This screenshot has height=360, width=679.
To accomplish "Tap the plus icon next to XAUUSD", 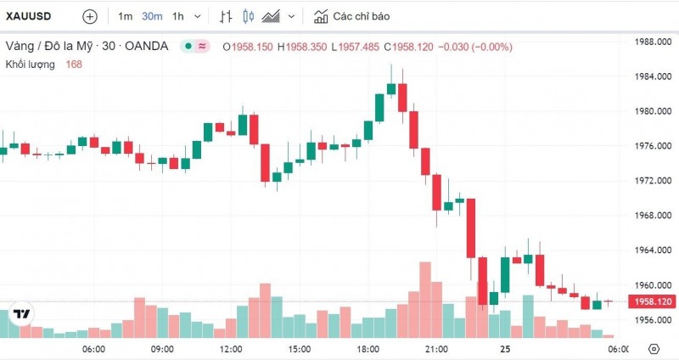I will pyautogui.click(x=90, y=16).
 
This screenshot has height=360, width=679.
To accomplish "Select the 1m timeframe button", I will pyautogui.click(x=125, y=16).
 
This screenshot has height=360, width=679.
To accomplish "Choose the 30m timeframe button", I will pyautogui.click(x=152, y=16).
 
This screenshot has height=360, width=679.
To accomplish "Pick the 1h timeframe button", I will pyautogui.click(x=177, y=16).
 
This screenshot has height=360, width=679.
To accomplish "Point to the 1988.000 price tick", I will pyautogui.click(x=654, y=42).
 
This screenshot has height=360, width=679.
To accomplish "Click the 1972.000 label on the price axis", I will pyautogui.click(x=654, y=181).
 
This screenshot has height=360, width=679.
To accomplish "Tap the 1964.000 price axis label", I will pyautogui.click(x=654, y=250).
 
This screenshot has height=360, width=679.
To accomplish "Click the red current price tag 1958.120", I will pyautogui.click(x=652, y=301).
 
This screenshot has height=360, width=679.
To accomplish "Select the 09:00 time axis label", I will pyautogui.click(x=162, y=349).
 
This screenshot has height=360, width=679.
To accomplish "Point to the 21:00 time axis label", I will pyautogui.click(x=436, y=349).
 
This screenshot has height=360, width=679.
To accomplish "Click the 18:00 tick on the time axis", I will pyautogui.click(x=368, y=349).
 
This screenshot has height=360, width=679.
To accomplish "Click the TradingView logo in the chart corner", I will pyautogui.click(x=22, y=314).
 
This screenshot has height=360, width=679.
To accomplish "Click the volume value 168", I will pyautogui.click(x=74, y=65).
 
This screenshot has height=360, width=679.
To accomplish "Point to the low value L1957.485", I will pyautogui.click(x=356, y=46).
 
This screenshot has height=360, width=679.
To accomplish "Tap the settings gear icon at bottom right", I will pyautogui.click(x=654, y=349).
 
